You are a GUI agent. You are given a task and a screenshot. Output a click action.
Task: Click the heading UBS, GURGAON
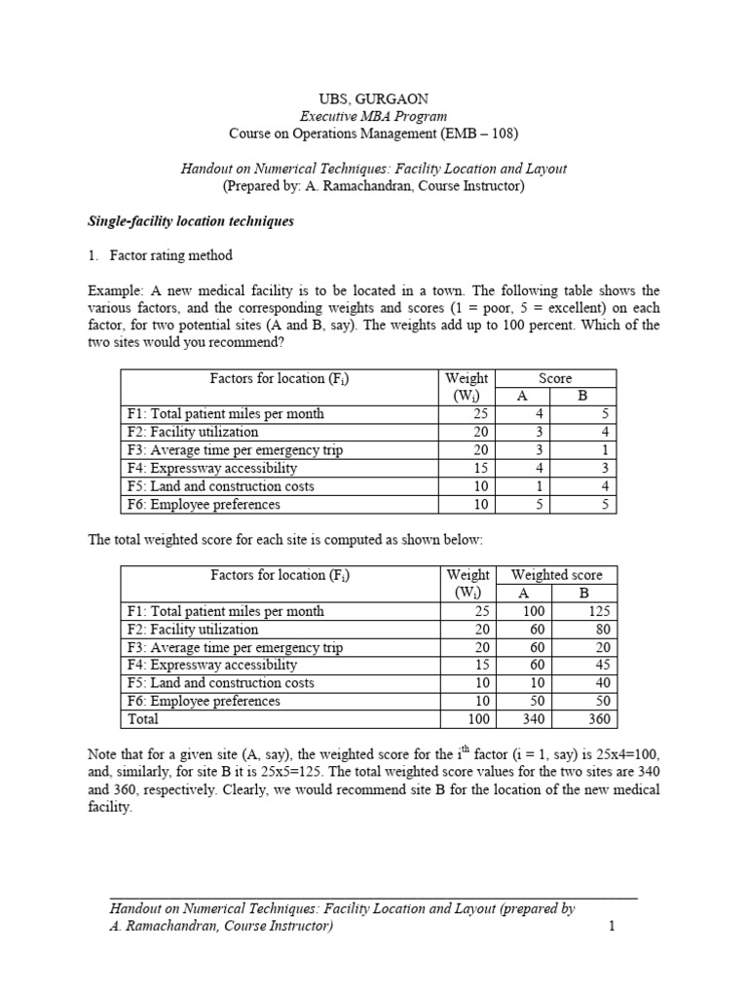pos(374,98)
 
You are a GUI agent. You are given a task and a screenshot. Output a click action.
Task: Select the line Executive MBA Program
pos(374,115)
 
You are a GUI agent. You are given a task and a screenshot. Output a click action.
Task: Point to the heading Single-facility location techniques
pos(191,221)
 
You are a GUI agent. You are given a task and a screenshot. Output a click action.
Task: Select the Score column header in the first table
pos(555,378)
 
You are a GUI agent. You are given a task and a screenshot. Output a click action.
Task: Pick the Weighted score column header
pos(556,575)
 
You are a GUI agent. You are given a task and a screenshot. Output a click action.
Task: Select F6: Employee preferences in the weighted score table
pos(204,701)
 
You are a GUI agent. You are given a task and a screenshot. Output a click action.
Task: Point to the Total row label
pos(142,719)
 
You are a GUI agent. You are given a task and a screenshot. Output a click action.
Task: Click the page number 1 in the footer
pos(612,926)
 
